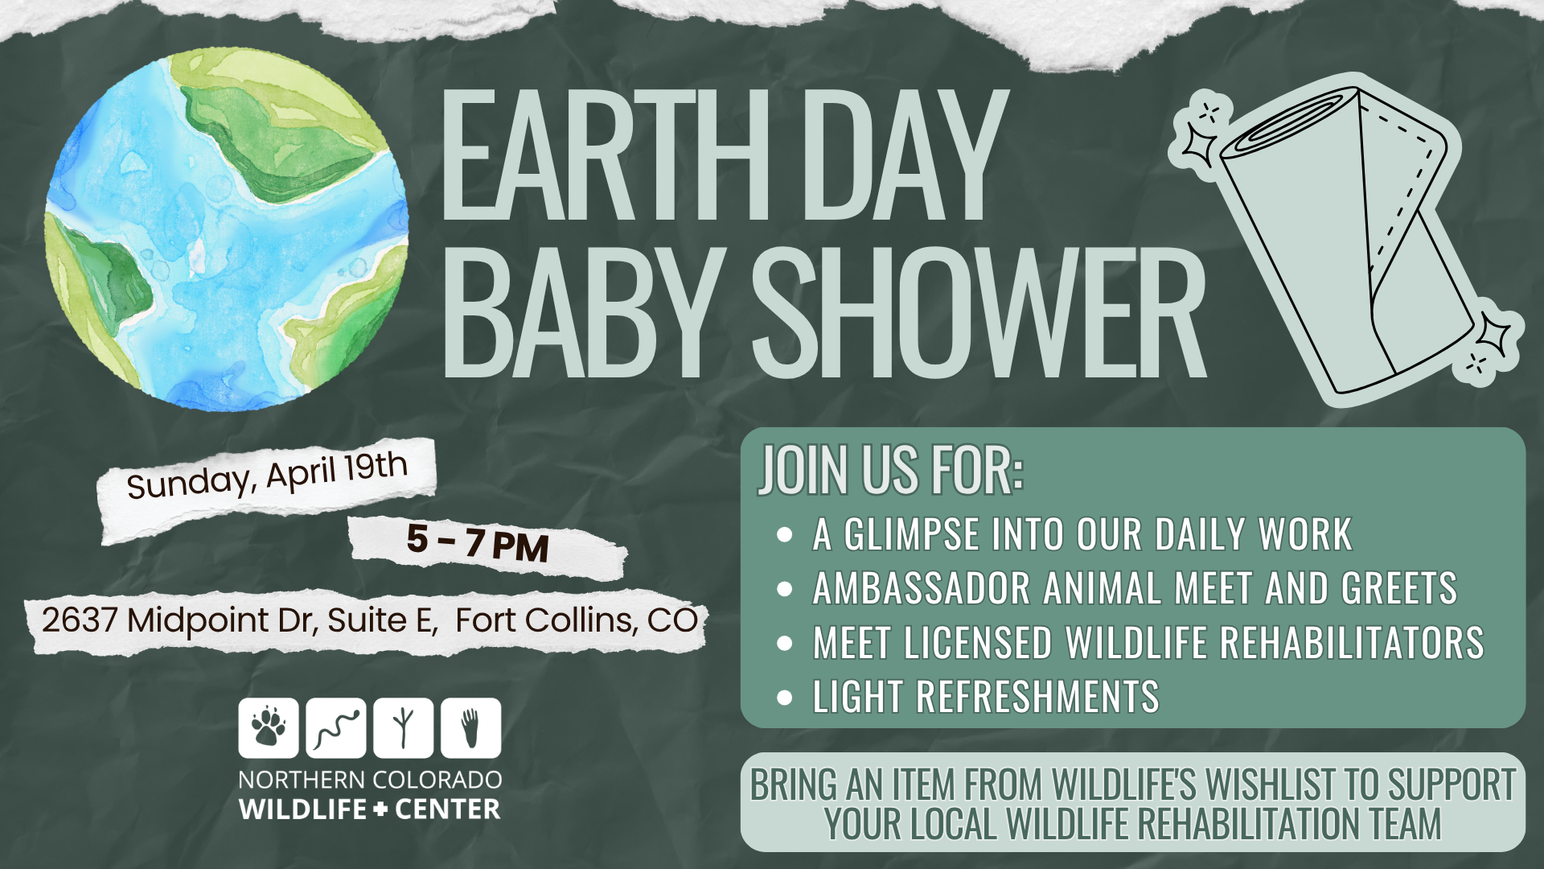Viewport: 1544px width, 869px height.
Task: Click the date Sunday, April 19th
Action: [x=267, y=475]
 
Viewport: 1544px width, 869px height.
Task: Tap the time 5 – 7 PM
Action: [x=478, y=541]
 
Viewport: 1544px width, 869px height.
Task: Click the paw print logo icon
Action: [x=269, y=727]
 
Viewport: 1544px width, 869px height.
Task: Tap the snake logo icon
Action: [x=336, y=727]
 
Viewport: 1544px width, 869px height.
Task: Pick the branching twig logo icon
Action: [x=404, y=727]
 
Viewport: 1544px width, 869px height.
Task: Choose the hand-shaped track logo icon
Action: [x=471, y=727]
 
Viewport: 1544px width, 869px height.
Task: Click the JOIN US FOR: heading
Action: [x=890, y=470]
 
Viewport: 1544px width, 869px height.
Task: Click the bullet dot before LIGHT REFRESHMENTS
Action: [x=785, y=697]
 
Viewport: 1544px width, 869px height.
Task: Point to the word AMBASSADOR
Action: [x=922, y=588]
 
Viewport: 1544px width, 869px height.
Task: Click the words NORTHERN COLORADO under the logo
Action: [x=370, y=780]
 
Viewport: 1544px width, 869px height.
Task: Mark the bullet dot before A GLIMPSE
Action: [x=785, y=534]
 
